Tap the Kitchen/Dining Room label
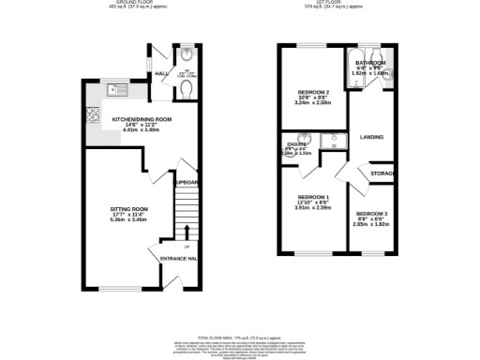(x=141, y=120)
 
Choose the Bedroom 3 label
(x=371, y=214)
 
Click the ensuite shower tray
(x=330, y=142)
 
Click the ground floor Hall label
(x=160, y=74)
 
